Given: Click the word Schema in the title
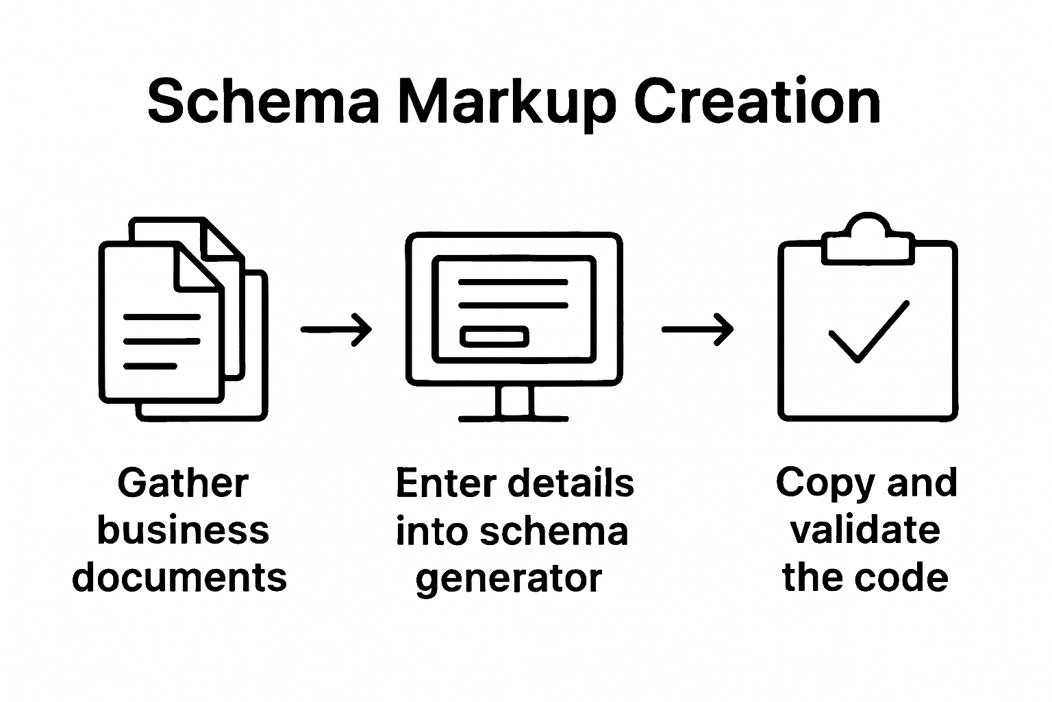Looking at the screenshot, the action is tap(264, 101).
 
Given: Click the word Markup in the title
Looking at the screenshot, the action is tap(508, 104).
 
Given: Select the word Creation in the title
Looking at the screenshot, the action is tap(757, 100).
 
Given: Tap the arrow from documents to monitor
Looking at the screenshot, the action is tap(336, 330).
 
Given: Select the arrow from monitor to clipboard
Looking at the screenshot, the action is tap(697, 330).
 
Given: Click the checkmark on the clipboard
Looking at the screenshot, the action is tap(869, 332).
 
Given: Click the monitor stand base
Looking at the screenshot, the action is tap(513, 418).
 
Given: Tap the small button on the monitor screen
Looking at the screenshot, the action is tap(494, 337).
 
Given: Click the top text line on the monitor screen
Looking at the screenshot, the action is tap(513, 282).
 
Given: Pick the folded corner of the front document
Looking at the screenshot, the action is tap(198, 267).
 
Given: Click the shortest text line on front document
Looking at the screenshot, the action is tap(150, 366).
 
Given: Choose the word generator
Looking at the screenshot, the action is tap(509, 580).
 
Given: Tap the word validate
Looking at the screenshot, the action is tap(866, 530).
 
